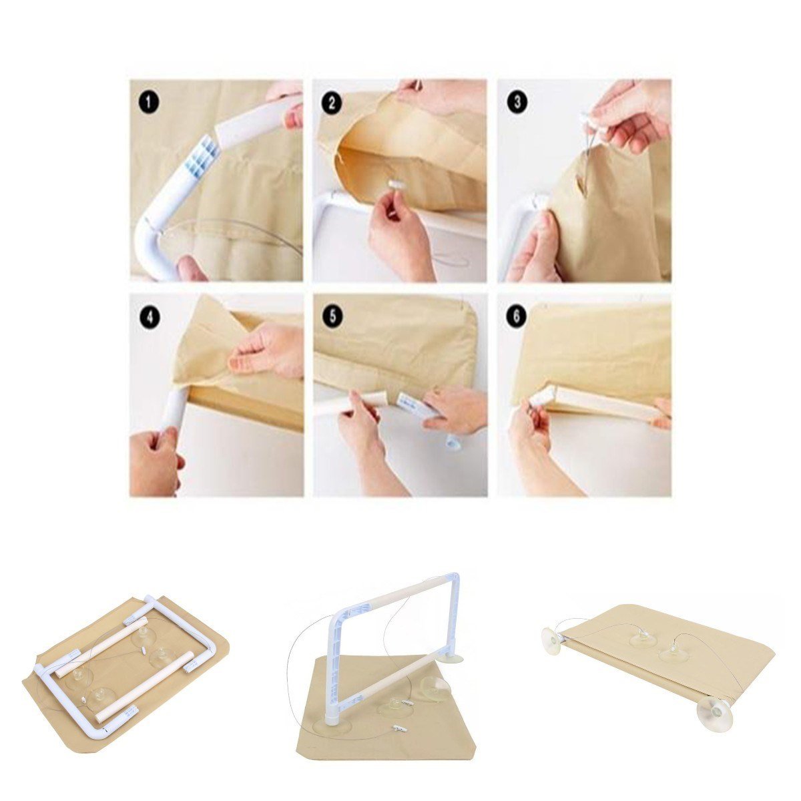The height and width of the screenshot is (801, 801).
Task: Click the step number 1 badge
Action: [x=150, y=102]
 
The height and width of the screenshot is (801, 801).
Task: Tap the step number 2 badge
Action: [x=332, y=102]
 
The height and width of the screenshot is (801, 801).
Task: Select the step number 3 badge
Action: [x=517, y=102]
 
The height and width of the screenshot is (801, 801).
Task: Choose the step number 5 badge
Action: [x=333, y=316]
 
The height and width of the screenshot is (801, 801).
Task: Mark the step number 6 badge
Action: [x=516, y=316]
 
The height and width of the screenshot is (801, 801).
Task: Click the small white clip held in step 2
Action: [x=394, y=185]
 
